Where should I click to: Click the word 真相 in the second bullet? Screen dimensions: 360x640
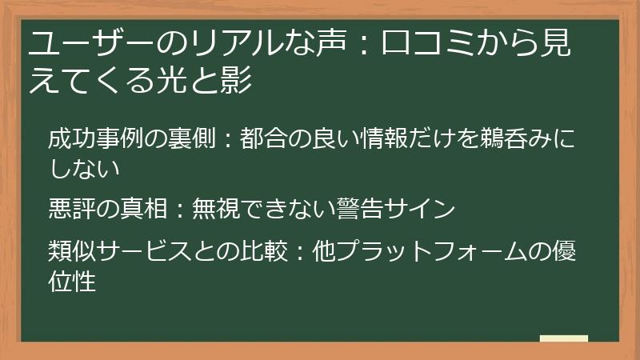point(143,210)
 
